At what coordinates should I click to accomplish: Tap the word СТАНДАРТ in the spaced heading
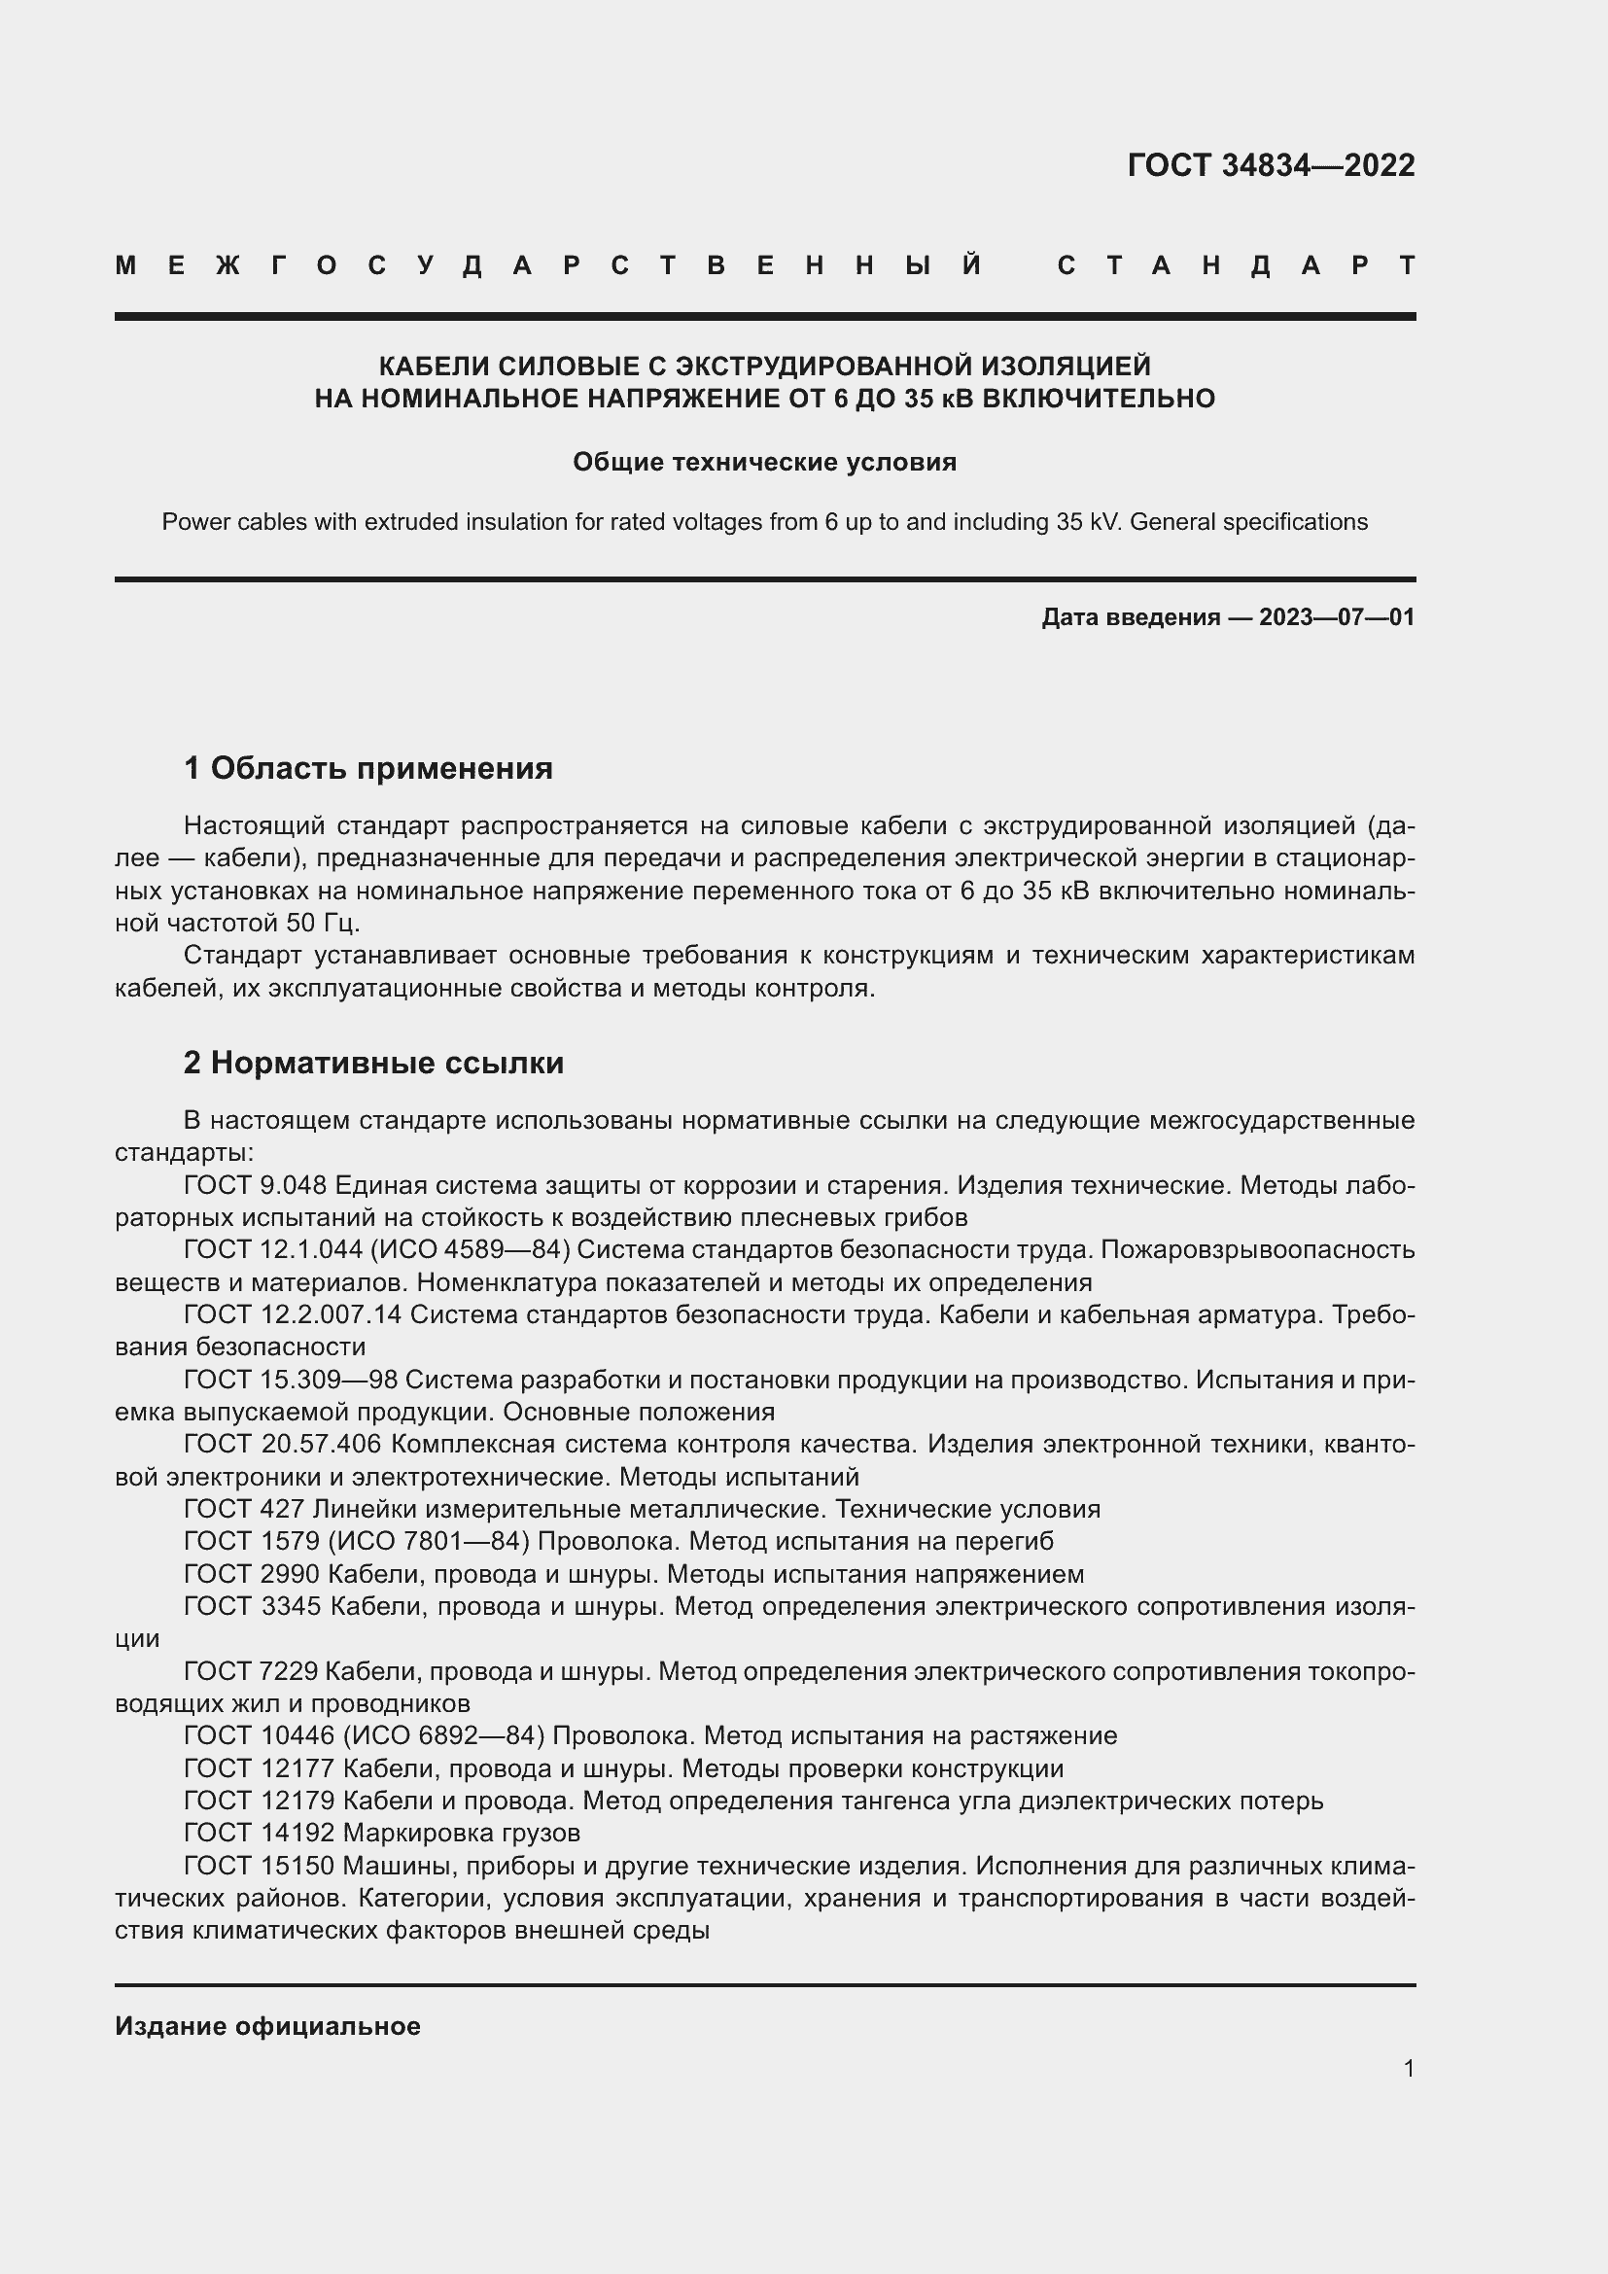click(x=1236, y=265)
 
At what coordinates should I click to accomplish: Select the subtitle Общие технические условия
click(x=764, y=463)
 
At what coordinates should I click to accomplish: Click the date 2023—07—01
click(x=1337, y=618)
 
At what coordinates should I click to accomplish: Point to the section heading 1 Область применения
click(x=368, y=768)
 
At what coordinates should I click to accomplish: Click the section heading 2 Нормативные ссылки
click(x=373, y=1063)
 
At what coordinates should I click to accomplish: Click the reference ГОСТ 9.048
click(x=256, y=1184)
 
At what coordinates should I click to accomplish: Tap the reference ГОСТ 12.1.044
click(x=273, y=1250)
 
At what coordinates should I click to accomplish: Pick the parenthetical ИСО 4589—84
click(x=470, y=1250)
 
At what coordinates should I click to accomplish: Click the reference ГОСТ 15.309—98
click(x=290, y=1380)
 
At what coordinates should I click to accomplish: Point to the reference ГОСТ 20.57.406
click(x=282, y=1444)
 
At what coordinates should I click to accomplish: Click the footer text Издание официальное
click(x=267, y=2026)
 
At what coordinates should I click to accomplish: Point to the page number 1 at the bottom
click(x=1409, y=2069)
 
